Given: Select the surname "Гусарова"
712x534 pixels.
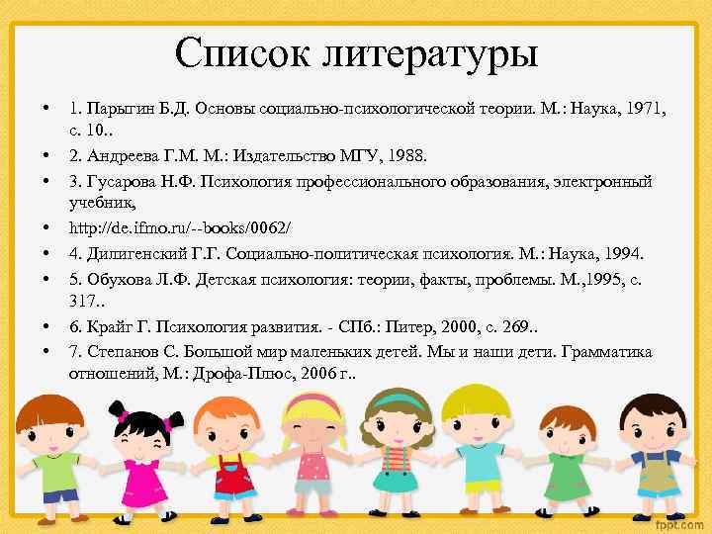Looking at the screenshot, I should pos(122,180).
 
